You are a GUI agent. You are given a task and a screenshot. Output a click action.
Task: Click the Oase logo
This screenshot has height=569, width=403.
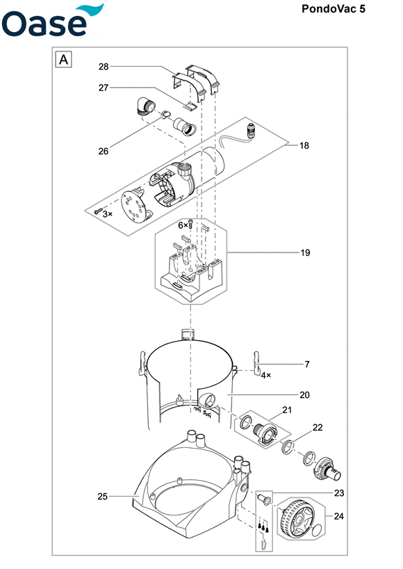[53, 20]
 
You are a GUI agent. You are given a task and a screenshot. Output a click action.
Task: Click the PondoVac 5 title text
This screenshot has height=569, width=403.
[334, 9]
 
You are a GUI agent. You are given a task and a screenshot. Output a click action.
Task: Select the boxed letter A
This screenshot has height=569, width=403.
[63, 59]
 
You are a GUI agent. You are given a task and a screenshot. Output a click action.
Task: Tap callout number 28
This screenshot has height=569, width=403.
[104, 66]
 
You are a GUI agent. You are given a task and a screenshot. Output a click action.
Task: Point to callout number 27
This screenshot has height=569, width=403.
[104, 88]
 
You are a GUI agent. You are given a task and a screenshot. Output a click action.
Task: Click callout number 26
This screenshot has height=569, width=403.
[104, 152]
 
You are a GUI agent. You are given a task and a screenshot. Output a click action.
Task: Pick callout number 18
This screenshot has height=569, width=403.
[304, 145]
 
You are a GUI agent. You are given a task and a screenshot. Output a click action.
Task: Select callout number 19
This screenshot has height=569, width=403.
[306, 253]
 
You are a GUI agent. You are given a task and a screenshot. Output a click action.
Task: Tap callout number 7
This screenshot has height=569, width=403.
[307, 364]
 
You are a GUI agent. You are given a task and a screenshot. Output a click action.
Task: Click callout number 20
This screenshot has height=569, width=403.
[304, 395]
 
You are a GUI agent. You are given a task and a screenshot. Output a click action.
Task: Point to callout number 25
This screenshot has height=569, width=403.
[103, 496]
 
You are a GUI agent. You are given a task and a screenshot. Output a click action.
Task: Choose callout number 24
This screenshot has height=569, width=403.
[339, 516]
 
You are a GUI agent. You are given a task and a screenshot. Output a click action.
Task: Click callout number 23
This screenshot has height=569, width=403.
[339, 492]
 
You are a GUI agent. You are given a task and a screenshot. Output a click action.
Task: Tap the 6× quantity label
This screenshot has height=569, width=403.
[183, 225]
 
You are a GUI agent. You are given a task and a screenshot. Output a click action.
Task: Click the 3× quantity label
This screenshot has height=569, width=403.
[107, 214]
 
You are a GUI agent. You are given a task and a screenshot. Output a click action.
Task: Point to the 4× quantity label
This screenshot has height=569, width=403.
[266, 375]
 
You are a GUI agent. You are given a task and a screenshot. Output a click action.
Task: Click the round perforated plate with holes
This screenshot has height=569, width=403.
[136, 207]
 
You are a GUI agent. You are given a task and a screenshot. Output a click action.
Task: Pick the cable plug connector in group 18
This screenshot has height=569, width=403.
[250, 131]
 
